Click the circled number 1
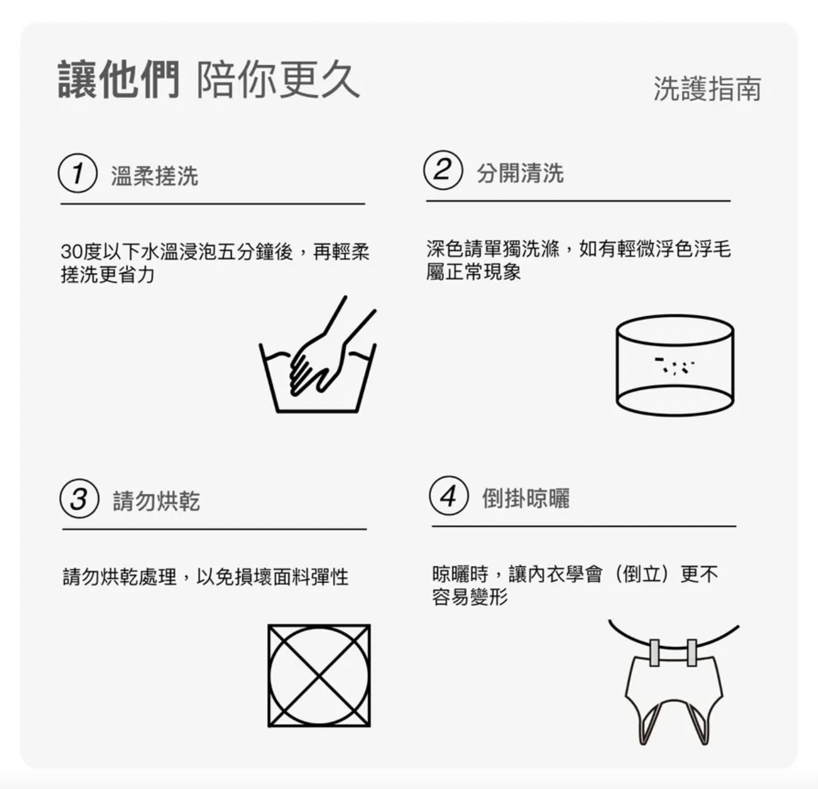click(78, 173)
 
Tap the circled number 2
click(443, 170)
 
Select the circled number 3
click(79, 498)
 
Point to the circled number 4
click(449, 496)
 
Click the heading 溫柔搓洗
click(155, 176)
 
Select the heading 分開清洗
click(520, 173)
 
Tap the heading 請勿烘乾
click(156, 501)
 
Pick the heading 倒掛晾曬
click(526, 498)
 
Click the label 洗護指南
click(707, 89)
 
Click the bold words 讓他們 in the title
click(119, 79)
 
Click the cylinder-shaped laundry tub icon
click(675, 365)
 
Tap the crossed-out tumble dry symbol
click(319, 675)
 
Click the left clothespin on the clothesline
click(654, 653)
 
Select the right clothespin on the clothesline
click(692, 653)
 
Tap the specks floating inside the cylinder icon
click(675, 366)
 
